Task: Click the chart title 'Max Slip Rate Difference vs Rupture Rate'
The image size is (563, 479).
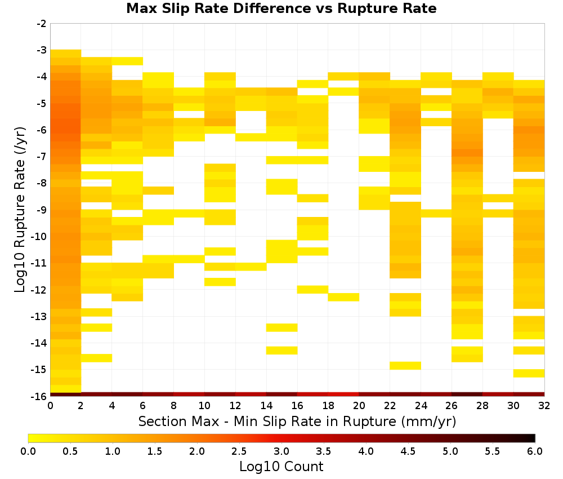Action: tap(281, 8)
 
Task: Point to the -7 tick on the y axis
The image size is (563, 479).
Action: tap(42, 156)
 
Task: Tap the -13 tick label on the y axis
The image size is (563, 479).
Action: tap(40, 316)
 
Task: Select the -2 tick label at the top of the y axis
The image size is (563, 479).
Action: tap(42, 24)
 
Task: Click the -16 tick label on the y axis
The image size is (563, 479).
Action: tap(40, 396)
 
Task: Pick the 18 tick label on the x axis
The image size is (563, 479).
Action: tap(328, 406)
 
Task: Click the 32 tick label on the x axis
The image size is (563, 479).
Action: tap(544, 406)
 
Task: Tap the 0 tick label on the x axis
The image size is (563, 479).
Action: tap(50, 406)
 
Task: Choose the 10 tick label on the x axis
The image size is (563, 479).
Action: tap(205, 406)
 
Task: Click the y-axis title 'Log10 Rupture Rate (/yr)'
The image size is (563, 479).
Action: tap(20, 210)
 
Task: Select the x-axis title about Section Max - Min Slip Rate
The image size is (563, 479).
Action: tap(297, 421)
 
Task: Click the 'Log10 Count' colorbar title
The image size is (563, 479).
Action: tap(281, 467)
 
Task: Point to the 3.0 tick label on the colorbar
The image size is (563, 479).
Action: tap(281, 451)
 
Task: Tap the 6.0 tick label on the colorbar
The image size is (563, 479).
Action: tap(535, 451)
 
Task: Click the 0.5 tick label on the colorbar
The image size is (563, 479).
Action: tap(70, 451)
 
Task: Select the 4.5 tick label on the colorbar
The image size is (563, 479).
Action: tap(408, 451)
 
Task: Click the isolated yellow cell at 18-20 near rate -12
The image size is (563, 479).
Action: tap(343, 297)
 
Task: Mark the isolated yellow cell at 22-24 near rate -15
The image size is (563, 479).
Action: tap(405, 365)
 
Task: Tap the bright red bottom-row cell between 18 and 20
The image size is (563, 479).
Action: tap(343, 394)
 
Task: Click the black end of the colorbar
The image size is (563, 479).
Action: tap(533, 438)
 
